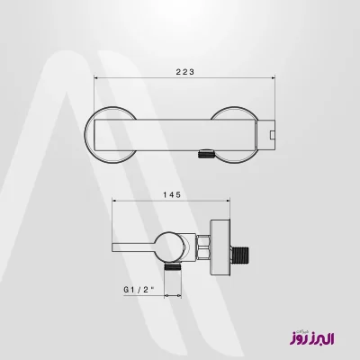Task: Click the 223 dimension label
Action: [185, 72]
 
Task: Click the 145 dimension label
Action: [172, 194]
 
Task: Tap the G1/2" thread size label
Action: [139, 290]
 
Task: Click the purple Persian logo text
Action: [312, 337]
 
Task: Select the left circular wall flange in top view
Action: [86, 135]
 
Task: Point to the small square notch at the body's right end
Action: [273, 134]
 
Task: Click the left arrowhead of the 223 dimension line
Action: [96, 78]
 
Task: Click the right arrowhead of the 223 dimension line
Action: [274, 78]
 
